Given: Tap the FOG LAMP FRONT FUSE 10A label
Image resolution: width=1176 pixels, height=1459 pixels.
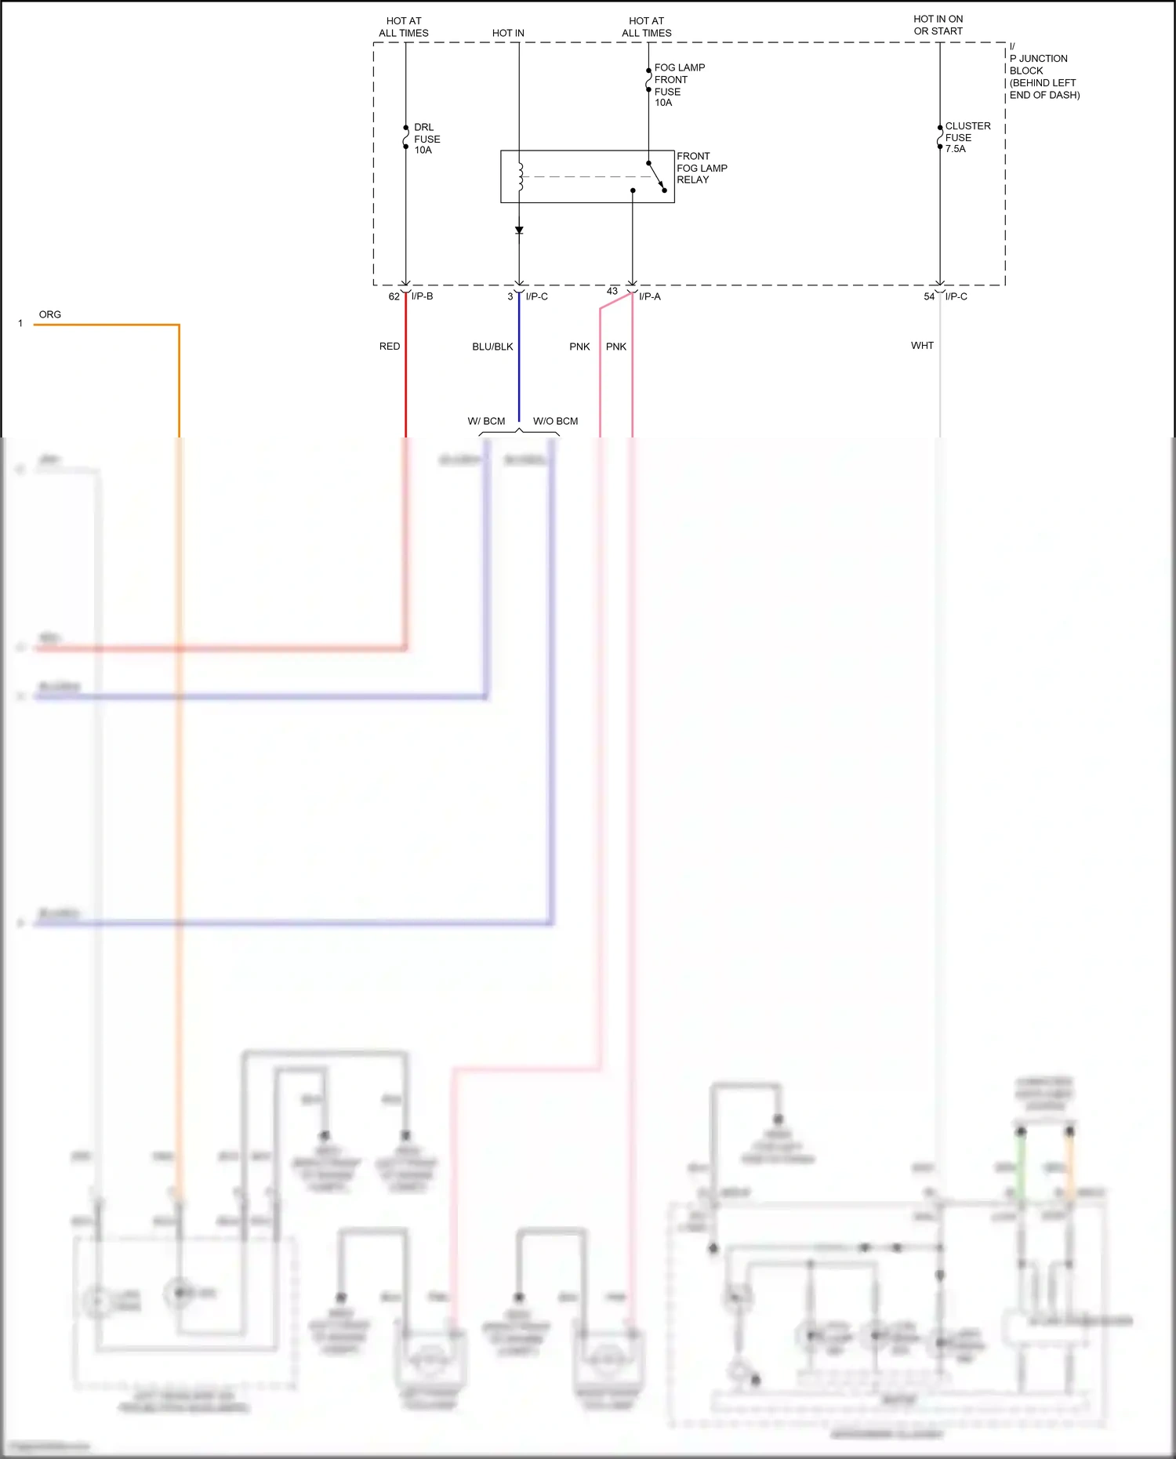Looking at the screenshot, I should point(678,85).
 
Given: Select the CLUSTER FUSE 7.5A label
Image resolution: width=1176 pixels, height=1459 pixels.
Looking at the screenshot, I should point(967,137).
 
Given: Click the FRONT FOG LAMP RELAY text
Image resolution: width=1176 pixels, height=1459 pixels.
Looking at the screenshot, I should point(701,168).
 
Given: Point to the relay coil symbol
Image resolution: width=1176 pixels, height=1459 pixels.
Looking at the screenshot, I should point(520,176).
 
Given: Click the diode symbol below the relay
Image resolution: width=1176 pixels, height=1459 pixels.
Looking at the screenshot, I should point(519,230).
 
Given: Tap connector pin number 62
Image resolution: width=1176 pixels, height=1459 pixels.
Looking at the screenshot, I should point(394,296).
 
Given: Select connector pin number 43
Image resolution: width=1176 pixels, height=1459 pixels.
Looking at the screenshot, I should point(612,291).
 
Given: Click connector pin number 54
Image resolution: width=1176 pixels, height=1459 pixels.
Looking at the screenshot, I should point(929,296).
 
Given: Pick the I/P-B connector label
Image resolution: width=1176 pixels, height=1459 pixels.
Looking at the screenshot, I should point(422,296).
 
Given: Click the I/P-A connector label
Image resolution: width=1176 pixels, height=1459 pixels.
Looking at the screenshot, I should point(649,296).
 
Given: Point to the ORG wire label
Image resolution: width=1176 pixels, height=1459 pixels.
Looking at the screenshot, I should point(49,314).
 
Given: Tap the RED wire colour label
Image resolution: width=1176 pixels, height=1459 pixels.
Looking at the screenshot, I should point(390,346).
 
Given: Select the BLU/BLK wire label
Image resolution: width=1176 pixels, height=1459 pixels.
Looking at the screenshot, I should point(492,347).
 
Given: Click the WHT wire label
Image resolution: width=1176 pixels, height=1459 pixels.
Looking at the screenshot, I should point(922,345).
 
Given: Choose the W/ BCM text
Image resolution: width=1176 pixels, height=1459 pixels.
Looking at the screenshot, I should point(486,421).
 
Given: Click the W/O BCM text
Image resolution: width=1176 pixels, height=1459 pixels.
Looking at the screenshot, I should point(555,421).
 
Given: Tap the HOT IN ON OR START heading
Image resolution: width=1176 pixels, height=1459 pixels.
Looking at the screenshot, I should point(938,25).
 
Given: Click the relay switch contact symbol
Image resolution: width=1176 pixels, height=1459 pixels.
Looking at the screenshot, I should point(656,176).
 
